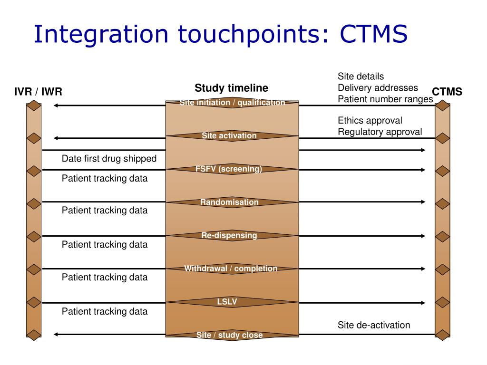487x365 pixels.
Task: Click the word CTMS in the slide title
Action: [x=374, y=35]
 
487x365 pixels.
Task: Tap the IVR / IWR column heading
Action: [x=38, y=92]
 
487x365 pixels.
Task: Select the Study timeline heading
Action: [x=231, y=88]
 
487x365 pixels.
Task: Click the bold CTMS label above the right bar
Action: [x=447, y=92]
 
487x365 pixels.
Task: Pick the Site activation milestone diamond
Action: [x=229, y=136]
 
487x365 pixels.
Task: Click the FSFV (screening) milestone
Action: [x=229, y=169]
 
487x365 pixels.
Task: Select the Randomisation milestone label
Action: [x=229, y=202]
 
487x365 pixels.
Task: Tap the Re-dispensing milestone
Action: [x=229, y=236]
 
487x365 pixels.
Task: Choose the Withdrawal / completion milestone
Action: [x=231, y=269]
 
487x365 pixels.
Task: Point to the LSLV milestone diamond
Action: [x=227, y=302]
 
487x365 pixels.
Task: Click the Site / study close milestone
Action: [x=229, y=335]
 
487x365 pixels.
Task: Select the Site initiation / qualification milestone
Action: [x=232, y=103]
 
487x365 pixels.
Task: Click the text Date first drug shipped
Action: [x=109, y=159]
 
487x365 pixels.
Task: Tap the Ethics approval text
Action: [x=370, y=120]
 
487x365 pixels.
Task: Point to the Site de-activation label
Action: [x=373, y=325]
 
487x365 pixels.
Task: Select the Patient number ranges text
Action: [x=385, y=99]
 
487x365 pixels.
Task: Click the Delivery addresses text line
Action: [x=378, y=88]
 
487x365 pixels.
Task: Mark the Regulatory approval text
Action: [x=380, y=132]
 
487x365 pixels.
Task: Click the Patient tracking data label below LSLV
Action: [x=105, y=312]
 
